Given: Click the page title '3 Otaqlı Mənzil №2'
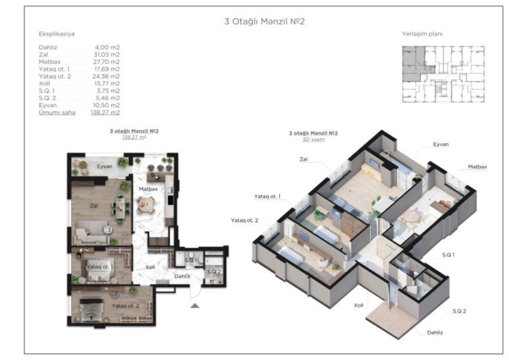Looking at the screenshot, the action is (264, 22).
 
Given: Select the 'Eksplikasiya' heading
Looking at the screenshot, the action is (57, 34).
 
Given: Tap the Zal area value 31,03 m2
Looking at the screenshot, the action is (107, 55).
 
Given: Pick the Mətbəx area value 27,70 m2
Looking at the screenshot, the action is (107, 62).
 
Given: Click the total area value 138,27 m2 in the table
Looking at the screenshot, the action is (105, 112).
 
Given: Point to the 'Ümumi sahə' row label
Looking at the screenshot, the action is (57, 112).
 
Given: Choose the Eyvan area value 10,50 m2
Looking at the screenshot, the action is (106, 105).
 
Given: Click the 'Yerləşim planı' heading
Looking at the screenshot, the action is (422, 34).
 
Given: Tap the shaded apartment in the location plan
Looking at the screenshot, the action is (413, 64).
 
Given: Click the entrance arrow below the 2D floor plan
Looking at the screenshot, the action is (195, 305).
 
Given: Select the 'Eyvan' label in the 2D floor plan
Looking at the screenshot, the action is (104, 166).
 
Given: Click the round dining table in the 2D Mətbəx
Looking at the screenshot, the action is (144, 205).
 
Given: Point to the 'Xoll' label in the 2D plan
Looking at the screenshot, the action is (150, 267).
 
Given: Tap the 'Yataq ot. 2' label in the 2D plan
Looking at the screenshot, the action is (125, 306).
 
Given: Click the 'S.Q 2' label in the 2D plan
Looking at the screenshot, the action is (213, 272).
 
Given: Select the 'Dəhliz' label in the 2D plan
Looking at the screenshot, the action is (182, 276).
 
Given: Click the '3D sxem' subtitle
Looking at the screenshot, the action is (314, 140).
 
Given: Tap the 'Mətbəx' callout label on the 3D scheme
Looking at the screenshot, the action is (477, 167).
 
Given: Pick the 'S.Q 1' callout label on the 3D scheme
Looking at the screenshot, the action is (448, 255).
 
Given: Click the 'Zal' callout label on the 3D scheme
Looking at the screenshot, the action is (303, 159).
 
